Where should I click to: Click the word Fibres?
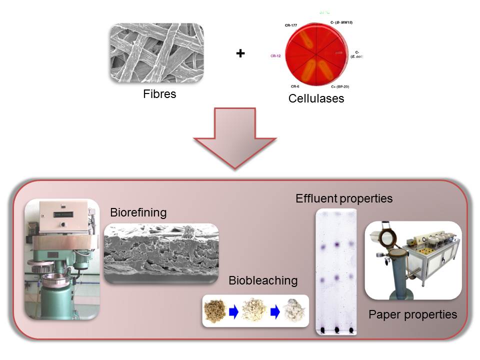coord(160,93)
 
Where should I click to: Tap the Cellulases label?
coord(316,98)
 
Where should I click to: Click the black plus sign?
coord(240,53)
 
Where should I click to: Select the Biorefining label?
coord(138,212)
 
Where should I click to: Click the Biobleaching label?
coord(263,280)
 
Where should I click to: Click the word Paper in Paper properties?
coord(385,314)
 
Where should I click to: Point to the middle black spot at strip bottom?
coord(337,330)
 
